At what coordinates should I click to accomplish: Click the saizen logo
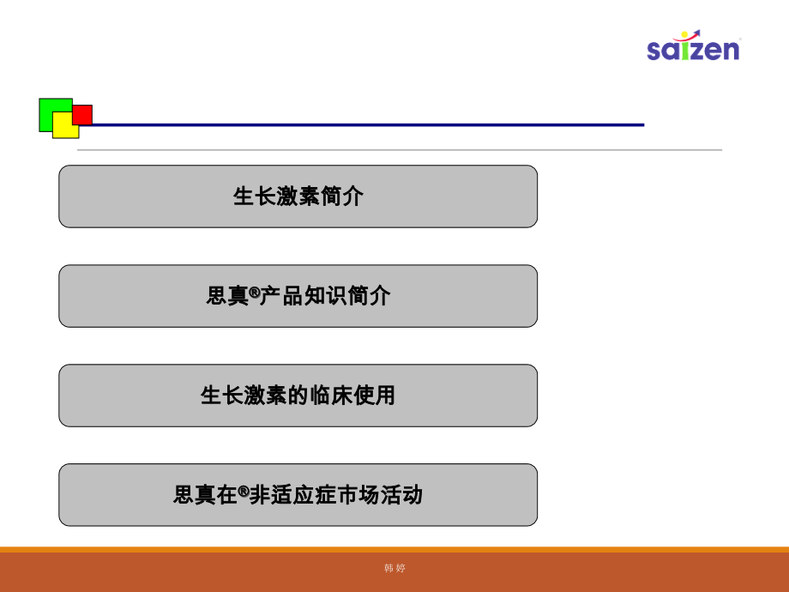[693, 47]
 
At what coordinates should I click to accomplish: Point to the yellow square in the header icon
[65, 127]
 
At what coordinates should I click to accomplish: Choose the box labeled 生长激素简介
[298, 196]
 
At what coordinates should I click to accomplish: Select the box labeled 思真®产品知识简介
[298, 296]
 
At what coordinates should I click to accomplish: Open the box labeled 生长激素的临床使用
[298, 396]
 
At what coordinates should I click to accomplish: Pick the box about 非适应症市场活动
[298, 495]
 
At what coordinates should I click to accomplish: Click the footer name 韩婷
[394, 568]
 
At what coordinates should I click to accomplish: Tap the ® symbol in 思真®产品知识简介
[254, 292]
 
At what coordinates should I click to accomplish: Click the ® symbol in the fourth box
[244, 491]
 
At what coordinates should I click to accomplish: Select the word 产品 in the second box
[280, 296]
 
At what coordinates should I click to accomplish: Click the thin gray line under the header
[399, 150]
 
